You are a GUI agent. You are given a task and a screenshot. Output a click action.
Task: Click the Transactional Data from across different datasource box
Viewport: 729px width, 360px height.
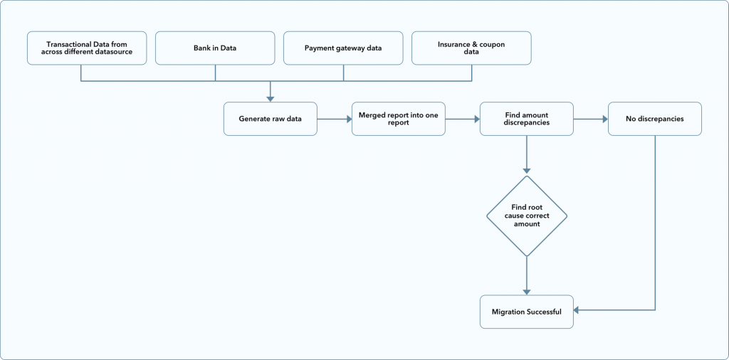[87, 48]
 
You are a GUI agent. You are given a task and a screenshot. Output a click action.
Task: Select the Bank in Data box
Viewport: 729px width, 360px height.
[215, 48]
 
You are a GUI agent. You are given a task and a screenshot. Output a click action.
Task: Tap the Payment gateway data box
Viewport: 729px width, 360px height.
[343, 48]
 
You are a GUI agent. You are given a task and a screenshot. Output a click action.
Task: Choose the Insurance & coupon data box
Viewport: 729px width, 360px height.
[471, 48]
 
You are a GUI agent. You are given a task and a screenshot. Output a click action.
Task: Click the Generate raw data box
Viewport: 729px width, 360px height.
[271, 119]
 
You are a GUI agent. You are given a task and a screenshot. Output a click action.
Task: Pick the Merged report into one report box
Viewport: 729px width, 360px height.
[399, 119]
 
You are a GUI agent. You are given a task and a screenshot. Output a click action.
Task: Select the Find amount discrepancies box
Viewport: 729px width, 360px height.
[527, 119]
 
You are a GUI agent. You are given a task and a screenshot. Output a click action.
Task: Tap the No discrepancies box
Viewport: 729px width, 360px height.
[655, 119]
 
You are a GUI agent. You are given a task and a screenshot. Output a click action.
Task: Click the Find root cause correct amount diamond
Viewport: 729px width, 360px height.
[527, 216]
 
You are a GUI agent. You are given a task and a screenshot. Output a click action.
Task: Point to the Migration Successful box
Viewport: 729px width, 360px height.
[527, 312]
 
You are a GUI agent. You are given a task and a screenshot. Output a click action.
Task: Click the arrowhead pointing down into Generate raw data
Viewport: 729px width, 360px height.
[271, 98]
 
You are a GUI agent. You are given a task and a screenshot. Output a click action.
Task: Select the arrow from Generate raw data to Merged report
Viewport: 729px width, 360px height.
[335, 119]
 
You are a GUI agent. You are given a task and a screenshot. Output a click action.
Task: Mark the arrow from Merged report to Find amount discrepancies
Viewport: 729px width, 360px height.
[463, 119]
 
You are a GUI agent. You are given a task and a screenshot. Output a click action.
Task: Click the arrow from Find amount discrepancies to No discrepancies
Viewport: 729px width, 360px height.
[591, 119]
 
